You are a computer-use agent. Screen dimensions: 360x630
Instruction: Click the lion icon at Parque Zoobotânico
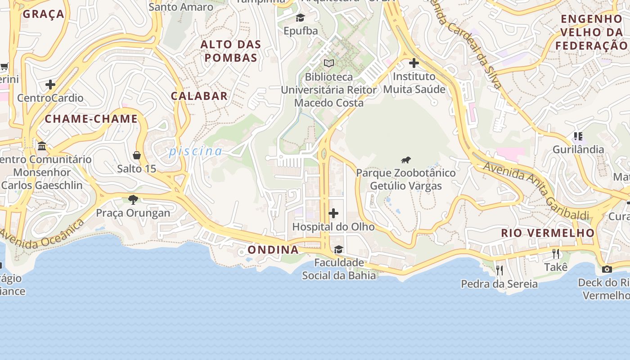pyautogui.click(x=405, y=160)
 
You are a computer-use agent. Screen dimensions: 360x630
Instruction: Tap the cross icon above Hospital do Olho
pyautogui.click(x=333, y=213)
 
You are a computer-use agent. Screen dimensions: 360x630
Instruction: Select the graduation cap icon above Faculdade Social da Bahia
pyautogui.click(x=338, y=249)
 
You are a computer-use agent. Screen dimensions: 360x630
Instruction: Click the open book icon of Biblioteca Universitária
pyautogui.click(x=329, y=63)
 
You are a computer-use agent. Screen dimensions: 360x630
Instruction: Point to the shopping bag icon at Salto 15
pyautogui.click(x=137, y=155)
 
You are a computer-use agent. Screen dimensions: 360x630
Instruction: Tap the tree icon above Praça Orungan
pyautogui.click(x=133, y=199)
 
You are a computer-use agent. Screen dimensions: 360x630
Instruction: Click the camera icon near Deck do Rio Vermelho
pyautogui.click(x=607, y=269)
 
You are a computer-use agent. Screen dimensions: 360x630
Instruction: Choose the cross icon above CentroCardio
pyautogui.click(x=50, y=84)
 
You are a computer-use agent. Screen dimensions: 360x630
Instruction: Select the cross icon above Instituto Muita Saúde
pyautogui.click(x=414, y=63)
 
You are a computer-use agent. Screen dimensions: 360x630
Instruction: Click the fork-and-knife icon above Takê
pyautogui.click(x=556, y=254)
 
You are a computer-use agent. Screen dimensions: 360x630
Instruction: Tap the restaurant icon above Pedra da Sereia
pyautogui.click(x=499, y=270)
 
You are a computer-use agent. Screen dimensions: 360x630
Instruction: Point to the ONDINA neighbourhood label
pyautogui.click(x=273, y=250)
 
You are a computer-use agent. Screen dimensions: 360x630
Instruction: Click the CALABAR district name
pyautogui.click(x=199, y=96)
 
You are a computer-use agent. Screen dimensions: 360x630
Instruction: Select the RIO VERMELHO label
pyautogui.click(x=548, y=233)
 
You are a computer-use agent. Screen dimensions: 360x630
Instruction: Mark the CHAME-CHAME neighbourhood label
pyautogui.click(x=91, y=119)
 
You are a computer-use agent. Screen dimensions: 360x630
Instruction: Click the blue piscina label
pyautogui.click(x=196, y=151)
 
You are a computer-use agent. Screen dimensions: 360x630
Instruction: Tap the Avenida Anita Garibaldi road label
pyautogui.click(x=535, y=191)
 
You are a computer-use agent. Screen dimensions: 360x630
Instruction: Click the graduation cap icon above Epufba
pyautogui.click(x=300, y=18)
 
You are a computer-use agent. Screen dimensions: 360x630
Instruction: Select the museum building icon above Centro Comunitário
pyautogui.click(x=42, y=146)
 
